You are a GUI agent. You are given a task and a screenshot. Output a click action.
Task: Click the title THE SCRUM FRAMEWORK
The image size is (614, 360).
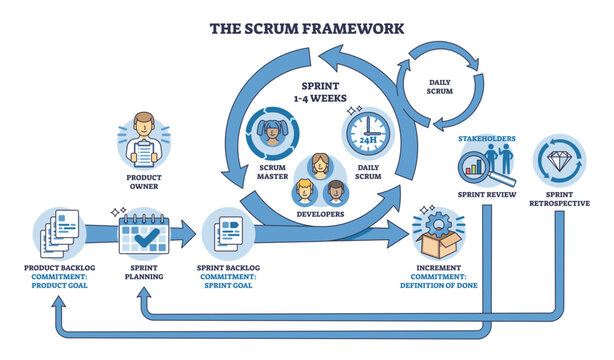tap(306, 27)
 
